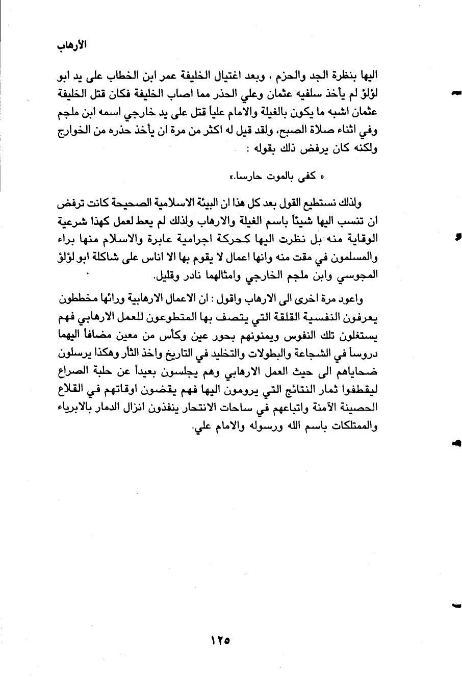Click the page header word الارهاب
pos(71,45)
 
